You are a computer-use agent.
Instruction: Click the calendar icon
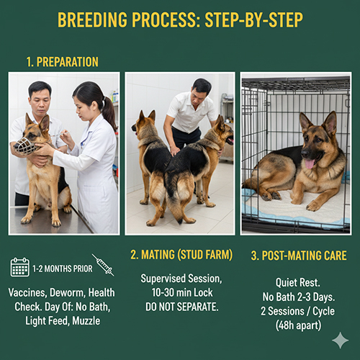pyautogui.click(x=20, y=267)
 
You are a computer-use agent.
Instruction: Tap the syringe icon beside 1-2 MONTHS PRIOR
pyautogui.click(x=103, y=265)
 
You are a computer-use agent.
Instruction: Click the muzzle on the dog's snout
pyautogui.click(x=24, y=146)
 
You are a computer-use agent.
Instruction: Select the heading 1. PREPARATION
pyautogui.click(x=63, y=62)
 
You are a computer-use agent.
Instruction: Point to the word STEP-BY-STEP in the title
pyautogui.click(x=253, y=19)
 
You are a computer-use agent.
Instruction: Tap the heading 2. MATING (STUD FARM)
pyautogui.click(x=181, y=255)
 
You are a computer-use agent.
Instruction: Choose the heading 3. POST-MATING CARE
pyautogui.click(x=299, y=256)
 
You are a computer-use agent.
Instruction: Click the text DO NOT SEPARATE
pyautogui.click(x=182, y=307)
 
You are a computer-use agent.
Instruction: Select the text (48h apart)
pyautogui.click(x=298, y=325)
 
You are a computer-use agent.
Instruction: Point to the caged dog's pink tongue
pyautogui.click(x=310, y=163)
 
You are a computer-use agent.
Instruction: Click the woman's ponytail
pyautogui.click(x=109, y=113)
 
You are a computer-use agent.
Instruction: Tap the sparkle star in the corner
pyautogui.click(x=341, y=341)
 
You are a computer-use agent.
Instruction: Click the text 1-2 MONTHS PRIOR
pyautogui.click(x=63, y=269)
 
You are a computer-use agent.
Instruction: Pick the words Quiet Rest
pyautogui.click(x=297, y=283)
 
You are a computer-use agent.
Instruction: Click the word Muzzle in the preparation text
pyautogui.click(x=86, y=320)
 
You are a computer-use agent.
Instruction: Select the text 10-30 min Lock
pyautogui.click(x=182, y=292)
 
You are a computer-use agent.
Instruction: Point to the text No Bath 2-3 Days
pyautogui.click(x=299, y=297)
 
